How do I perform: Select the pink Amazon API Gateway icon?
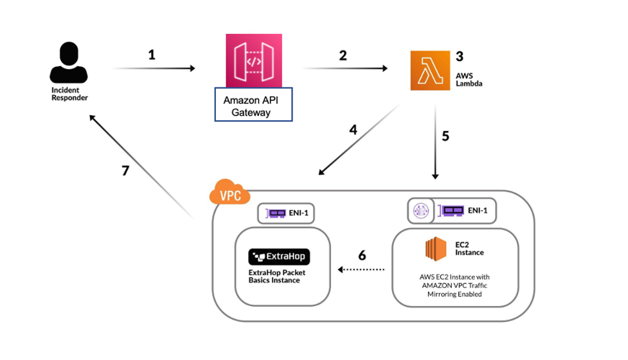(x=253, y=60)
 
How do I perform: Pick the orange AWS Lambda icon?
(x=430, y=71)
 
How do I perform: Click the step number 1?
(x=152, y=55)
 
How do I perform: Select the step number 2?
(x=343, y=55)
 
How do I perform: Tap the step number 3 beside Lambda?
(x=459, y=56)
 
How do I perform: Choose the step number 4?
(x=353, y=129)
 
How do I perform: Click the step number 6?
(x=362, y=255)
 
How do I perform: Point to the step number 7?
(x=126, y=172)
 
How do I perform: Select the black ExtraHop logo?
(x=279, y=257)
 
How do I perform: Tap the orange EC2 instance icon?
(x=435, y=249)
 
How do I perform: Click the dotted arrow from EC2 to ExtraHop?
(x=362, y=270)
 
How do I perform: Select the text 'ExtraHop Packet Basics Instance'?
(x=276, y=276)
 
